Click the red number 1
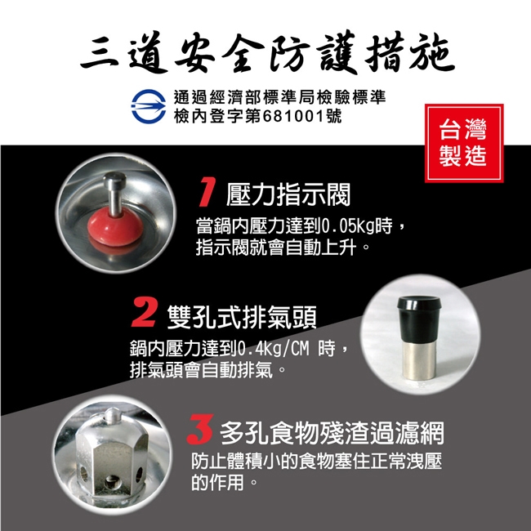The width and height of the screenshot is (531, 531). pos(207,192)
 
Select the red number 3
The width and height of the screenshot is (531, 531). pos(200,429)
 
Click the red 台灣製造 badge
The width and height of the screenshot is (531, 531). pos(464,143)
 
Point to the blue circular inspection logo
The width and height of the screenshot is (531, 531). pos(149,106)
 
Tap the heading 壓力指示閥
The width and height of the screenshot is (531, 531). pos(288,194)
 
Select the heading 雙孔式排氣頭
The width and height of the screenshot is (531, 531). pos(242,317)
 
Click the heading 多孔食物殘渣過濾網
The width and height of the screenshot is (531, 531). pos(332,433)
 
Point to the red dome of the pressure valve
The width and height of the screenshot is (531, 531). pos(114,227)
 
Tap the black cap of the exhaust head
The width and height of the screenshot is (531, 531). pos(419,319)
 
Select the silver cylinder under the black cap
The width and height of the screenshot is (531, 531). pos(418,360)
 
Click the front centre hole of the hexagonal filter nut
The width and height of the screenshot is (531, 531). pos(111,482)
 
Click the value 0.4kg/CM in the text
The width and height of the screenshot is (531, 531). pos(274,349)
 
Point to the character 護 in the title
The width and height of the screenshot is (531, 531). pos(337,52)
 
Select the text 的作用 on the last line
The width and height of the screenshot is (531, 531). pos(217,483)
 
